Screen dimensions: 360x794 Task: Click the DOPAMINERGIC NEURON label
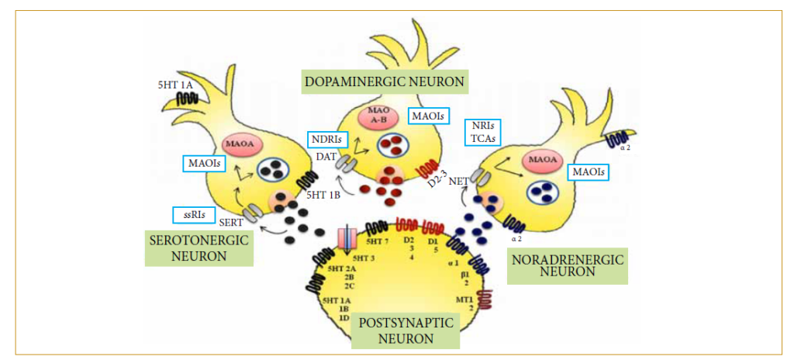pos(385,81)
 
